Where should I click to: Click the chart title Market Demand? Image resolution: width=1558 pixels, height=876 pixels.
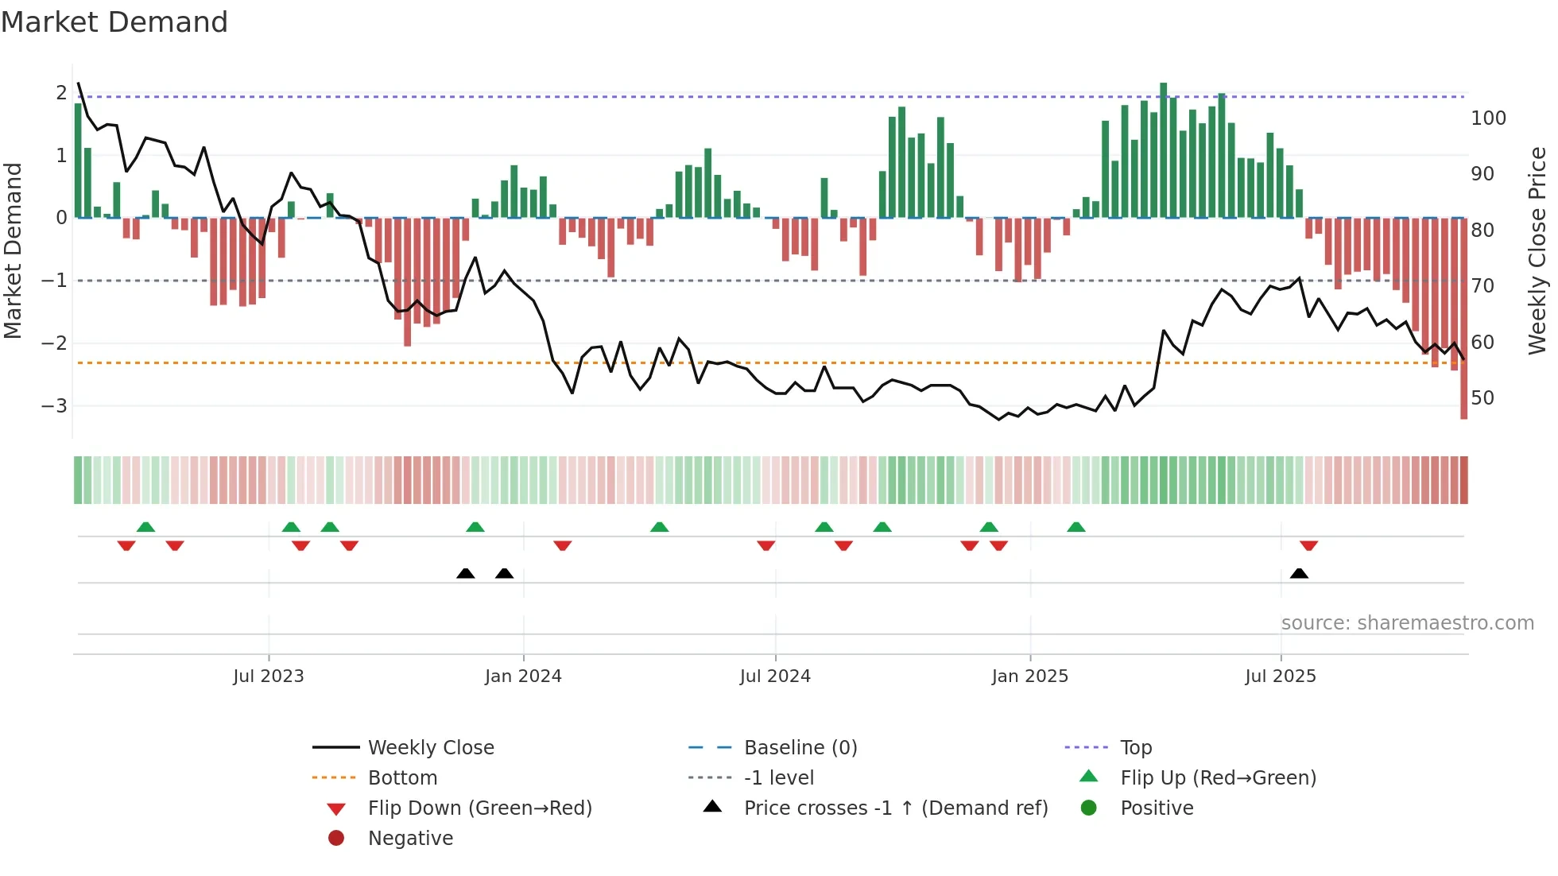114,22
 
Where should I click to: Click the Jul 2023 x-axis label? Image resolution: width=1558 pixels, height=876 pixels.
268,676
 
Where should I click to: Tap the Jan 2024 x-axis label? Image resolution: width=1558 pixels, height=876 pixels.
523,676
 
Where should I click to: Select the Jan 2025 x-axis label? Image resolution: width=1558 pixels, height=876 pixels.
1029,676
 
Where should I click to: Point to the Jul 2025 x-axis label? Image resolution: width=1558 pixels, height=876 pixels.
1280,676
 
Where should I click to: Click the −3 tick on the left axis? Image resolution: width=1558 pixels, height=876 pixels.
54,405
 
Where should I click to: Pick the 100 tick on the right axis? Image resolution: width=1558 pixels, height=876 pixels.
1488,118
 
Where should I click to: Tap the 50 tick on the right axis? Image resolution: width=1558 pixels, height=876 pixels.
1482,397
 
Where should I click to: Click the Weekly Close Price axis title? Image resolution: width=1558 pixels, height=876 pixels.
1537,250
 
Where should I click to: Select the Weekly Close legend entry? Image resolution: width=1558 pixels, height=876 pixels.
430,747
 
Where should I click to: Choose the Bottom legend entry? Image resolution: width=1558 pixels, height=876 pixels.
402,777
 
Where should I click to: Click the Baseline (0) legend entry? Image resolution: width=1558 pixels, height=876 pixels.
800,747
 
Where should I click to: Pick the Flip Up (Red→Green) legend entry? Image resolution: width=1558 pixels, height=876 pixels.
1217,777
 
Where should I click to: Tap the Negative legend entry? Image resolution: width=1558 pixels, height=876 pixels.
410,838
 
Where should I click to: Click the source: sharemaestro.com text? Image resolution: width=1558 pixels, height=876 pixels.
1407,622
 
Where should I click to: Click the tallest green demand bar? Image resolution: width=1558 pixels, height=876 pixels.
1163,149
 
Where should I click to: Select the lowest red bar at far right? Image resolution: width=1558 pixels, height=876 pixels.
1463,318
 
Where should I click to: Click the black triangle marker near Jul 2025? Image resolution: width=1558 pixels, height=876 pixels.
1299,573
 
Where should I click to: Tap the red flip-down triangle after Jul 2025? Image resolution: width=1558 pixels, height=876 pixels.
1308,545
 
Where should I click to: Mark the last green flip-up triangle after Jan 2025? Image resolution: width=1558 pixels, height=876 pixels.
1075,527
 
